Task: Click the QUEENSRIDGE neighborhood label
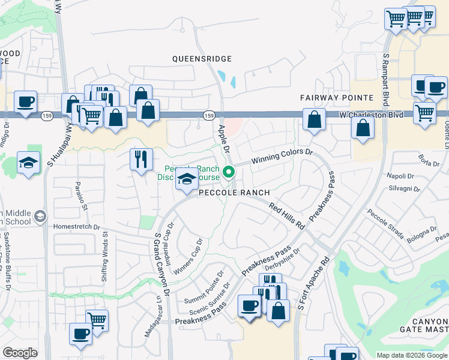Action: click(202, 59)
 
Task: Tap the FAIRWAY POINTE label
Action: click(333, 97)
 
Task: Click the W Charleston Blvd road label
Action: click(369, 113)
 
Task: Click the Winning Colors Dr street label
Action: click(282, 157)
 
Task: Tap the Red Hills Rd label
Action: click(287, 217)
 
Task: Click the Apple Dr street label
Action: click(223, 137)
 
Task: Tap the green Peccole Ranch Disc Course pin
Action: click(229, 173)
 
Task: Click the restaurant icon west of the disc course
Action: click(139, 160)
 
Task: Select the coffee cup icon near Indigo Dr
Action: click(25, 101)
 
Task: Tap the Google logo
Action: click(20, 353)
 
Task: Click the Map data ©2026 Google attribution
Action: click(412, 355)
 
